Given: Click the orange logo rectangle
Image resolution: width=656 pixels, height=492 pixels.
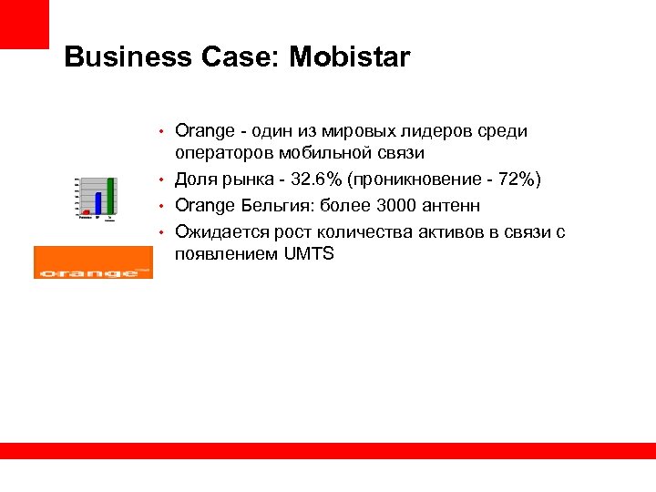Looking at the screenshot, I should pos(94,262).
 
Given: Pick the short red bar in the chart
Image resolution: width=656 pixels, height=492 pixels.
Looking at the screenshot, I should pos(86,213).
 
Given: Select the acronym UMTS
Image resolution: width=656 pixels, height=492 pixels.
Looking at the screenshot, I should pos(309,254).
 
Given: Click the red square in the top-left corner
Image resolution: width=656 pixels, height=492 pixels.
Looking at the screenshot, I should pos(24,24).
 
